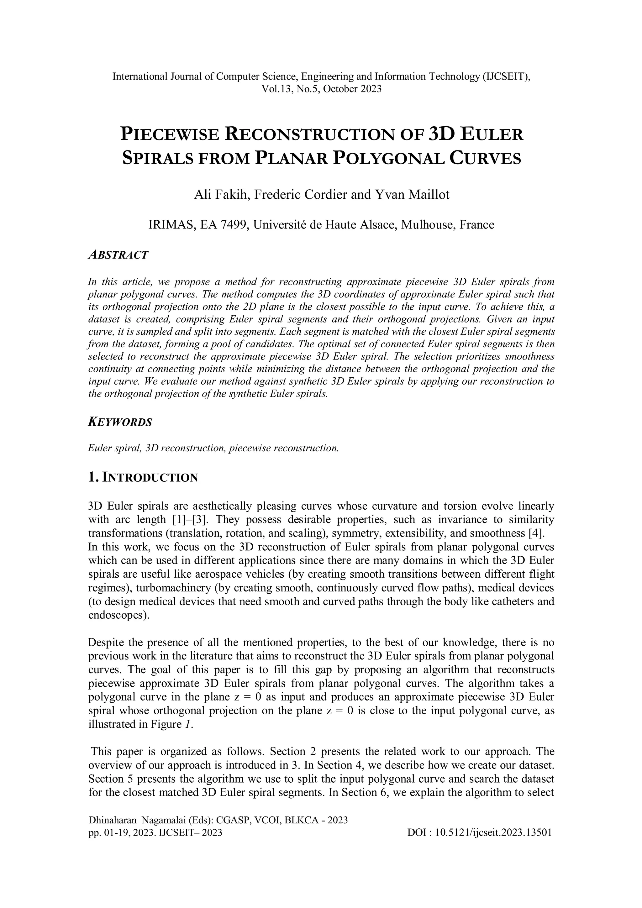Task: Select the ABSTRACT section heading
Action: [118, 255]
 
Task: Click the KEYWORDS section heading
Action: [120, 423]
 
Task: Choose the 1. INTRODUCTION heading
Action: [143, 478]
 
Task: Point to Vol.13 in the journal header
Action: [274, 89]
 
